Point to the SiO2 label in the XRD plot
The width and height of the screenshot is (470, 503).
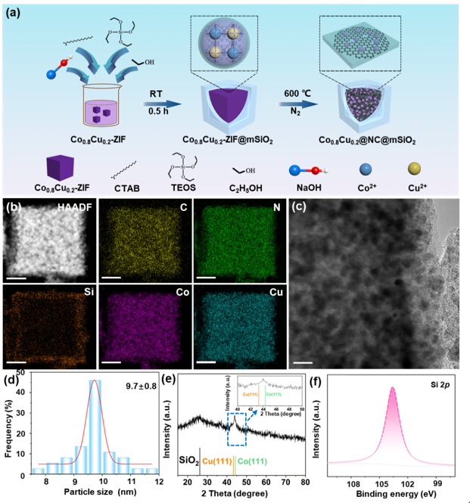click(188, 461)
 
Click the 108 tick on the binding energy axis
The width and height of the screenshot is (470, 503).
click(353, 481)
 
